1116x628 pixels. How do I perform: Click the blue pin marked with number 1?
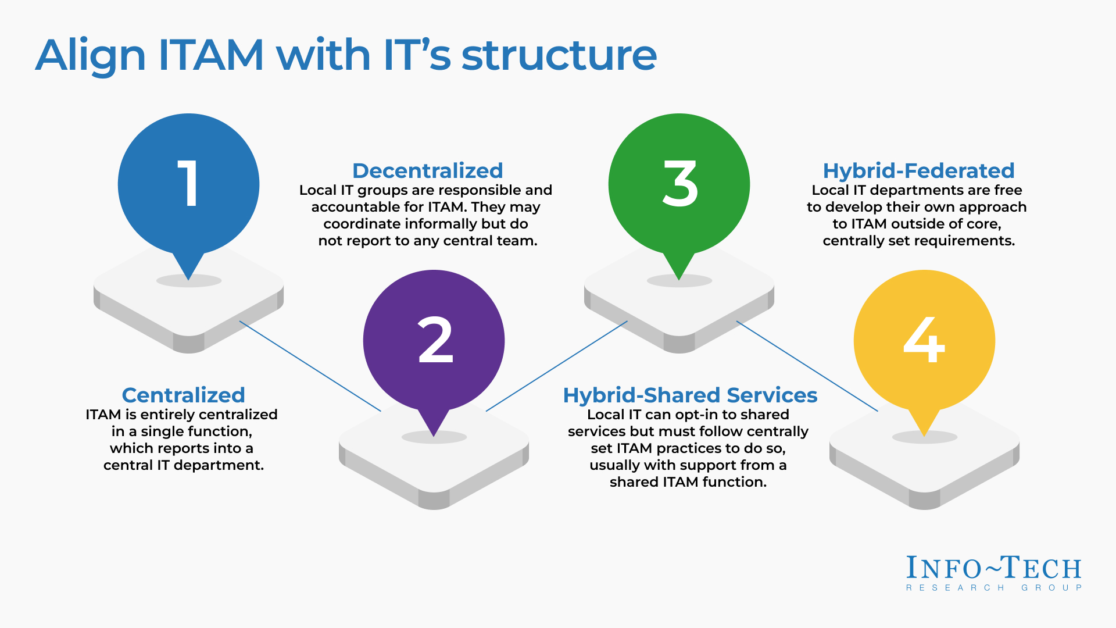pyautogui.click(x=188, y=185)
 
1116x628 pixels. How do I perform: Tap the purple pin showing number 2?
pyautogui.click(x=434, y=341)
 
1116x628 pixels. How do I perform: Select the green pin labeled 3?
pyautogui.click(x=679, y=185)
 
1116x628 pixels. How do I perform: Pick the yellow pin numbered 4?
pyautogui.click(x=924, y=341)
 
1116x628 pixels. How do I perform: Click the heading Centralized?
pyautogui.click(x=183, y=395)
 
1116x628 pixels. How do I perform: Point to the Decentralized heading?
pyautogui.click(x=427, y=171)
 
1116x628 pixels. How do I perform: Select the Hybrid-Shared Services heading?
pyautogui.click(x=690, y=395)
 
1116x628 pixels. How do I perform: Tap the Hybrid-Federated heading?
pyautogui.click(x=918, y=171)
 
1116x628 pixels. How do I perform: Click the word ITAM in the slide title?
pyautogui.click(x=211, y=55)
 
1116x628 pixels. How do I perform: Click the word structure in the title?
pyautogui.click(x=559, y=55)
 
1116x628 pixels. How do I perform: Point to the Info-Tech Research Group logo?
pyautogui.click(x=994, y=573)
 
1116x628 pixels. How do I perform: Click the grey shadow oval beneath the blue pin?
pyautogui.click(x=188, y=281)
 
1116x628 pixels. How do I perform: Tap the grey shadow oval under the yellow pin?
pyautogui.click(x=924, y=437)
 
